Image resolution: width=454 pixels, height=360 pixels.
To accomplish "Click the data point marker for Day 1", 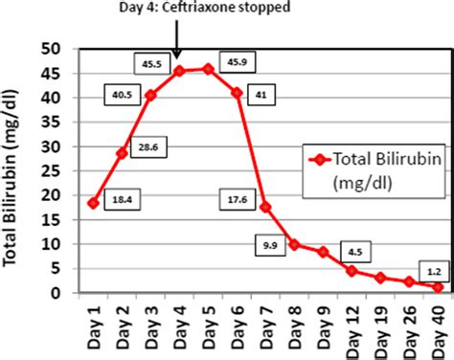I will point(93,203).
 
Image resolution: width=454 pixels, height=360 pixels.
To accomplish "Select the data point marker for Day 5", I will point(208,69).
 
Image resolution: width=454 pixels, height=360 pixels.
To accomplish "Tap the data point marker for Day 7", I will point(265,207).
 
